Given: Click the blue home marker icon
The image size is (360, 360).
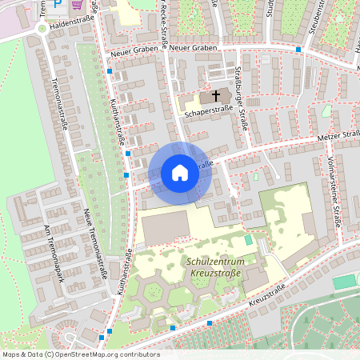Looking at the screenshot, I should (180, 172).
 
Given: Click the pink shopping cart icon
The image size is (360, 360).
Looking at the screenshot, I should (77, 4).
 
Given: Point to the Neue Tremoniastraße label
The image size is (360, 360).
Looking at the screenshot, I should (95, 240).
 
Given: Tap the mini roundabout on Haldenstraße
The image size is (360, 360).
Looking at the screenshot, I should (42, 29).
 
